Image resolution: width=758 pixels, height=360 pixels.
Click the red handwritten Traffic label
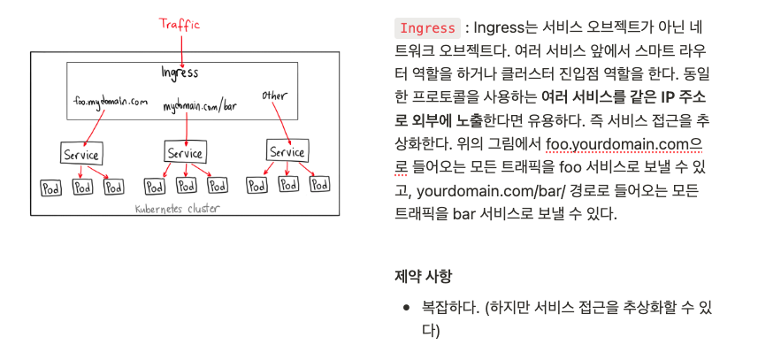(180, 25)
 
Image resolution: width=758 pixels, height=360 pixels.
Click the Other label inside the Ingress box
(276, 94)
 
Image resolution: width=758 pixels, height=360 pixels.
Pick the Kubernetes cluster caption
(176, 209)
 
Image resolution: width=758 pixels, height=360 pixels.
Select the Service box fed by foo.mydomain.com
(80, 154)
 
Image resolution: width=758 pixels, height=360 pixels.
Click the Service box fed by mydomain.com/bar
(185, 152)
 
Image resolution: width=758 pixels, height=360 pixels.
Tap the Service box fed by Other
(287, 152)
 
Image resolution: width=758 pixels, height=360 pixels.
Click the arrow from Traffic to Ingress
(180, 48)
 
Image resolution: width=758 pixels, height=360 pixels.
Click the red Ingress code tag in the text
(429, 27)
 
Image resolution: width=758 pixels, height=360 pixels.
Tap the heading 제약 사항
(423, 276)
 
